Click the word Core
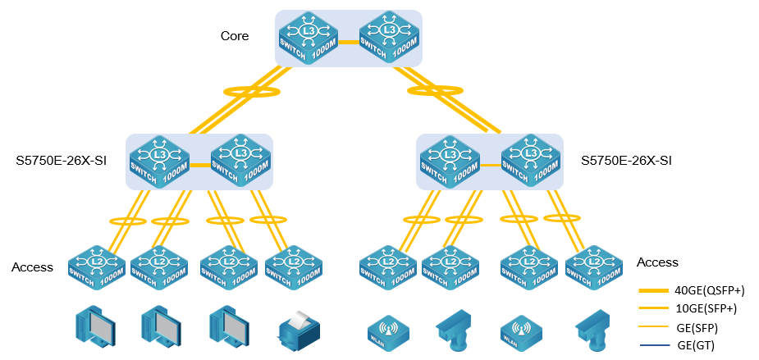tap(234, 36)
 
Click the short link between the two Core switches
tap(349, 40)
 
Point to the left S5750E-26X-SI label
tap(62, 160)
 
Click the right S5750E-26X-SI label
tap(626, 160)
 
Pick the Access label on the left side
tap(32, 267)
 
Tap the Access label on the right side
tap(657, 262)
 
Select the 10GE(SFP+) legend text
tap(706, 308)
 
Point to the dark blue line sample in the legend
tap(654, 345)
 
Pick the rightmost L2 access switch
tap(594, 266)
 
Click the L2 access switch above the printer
tap(293, 266)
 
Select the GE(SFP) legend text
tap(697, 327)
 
